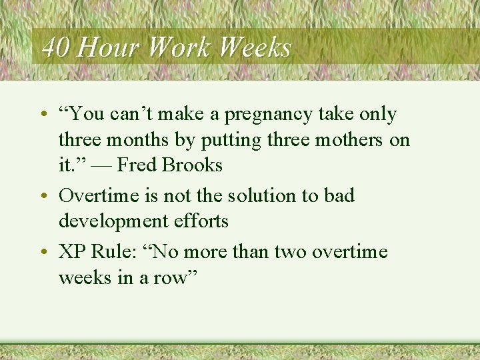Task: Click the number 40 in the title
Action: click(x=55, y=47)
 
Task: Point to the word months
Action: click(x=133, y=140)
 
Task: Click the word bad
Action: click(x=340, y=196)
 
